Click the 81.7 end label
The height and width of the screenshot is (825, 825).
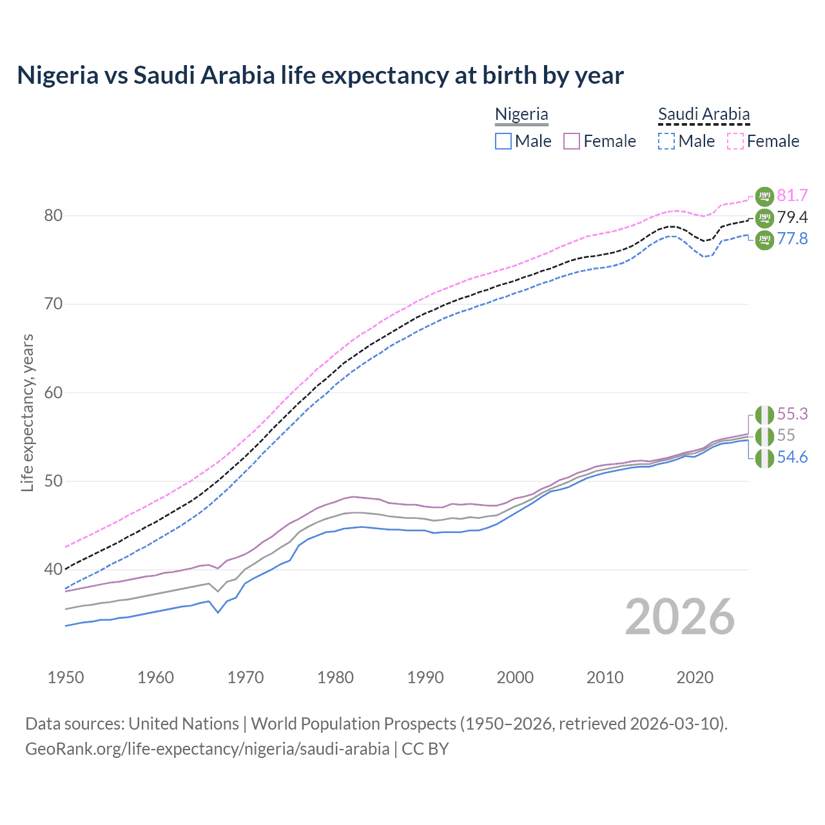[792, 195]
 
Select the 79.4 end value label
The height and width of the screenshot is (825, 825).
[792, 217]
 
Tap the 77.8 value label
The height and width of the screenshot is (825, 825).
[792, 239]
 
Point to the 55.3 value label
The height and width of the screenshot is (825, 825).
[792, 414]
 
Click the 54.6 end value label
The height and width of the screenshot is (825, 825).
[792, 458]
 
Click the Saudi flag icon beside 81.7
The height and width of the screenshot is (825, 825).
[764, 196]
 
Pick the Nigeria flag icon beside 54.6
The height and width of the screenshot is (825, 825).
[764, 458]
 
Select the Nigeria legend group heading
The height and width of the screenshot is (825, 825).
[521, 114]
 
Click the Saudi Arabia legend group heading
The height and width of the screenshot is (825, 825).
[704, 114]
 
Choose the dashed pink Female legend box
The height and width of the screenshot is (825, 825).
[735, 141]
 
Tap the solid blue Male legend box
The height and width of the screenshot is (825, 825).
[503, 141]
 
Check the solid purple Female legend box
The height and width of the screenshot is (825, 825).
[572, 141]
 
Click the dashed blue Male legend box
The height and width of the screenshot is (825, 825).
[667, 141]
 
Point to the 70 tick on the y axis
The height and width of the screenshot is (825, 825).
[53, 304]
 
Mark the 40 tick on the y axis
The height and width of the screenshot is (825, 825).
[53, 570]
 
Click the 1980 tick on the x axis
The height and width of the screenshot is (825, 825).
[335, 677]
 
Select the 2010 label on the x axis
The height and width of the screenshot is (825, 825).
[605, 677]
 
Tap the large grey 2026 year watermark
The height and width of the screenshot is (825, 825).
[680, 617]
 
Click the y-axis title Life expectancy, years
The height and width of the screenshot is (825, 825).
[28, 412]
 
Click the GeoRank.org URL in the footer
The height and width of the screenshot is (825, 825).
[207, 749]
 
